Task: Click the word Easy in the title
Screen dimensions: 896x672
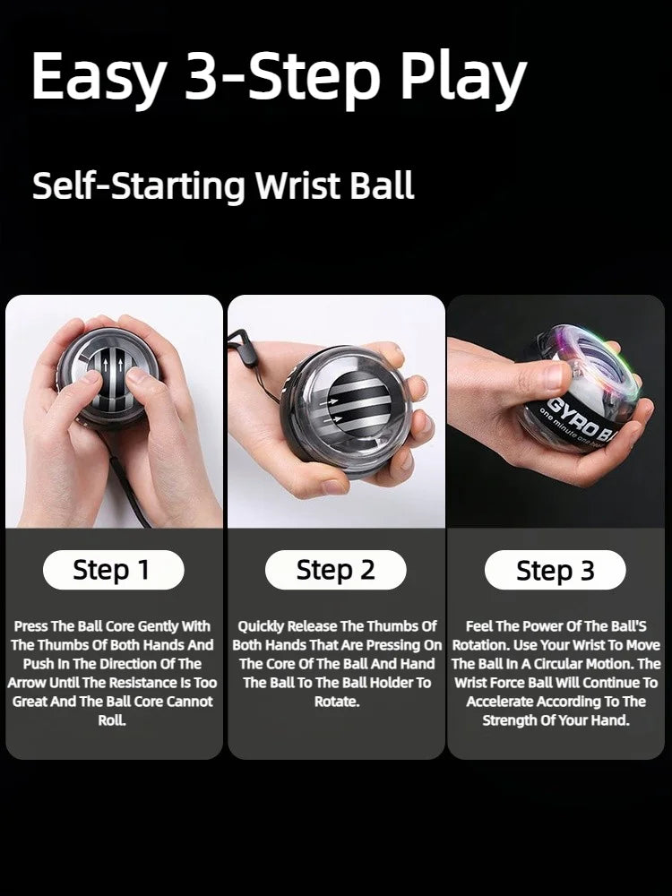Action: coord(98,77)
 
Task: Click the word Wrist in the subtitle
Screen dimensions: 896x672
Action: coord(295,186)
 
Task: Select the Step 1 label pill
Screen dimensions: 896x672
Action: coord(112,570)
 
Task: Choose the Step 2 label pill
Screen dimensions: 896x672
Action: coord(335,570)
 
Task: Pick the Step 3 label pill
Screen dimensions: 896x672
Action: coord(555,571)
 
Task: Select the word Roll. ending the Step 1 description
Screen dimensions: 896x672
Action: coord(112,720)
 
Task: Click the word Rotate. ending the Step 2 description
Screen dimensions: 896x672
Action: coord(336,702)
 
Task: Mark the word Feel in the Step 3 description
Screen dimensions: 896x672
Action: coord(482,626)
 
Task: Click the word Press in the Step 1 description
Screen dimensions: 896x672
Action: coord(31,626)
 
